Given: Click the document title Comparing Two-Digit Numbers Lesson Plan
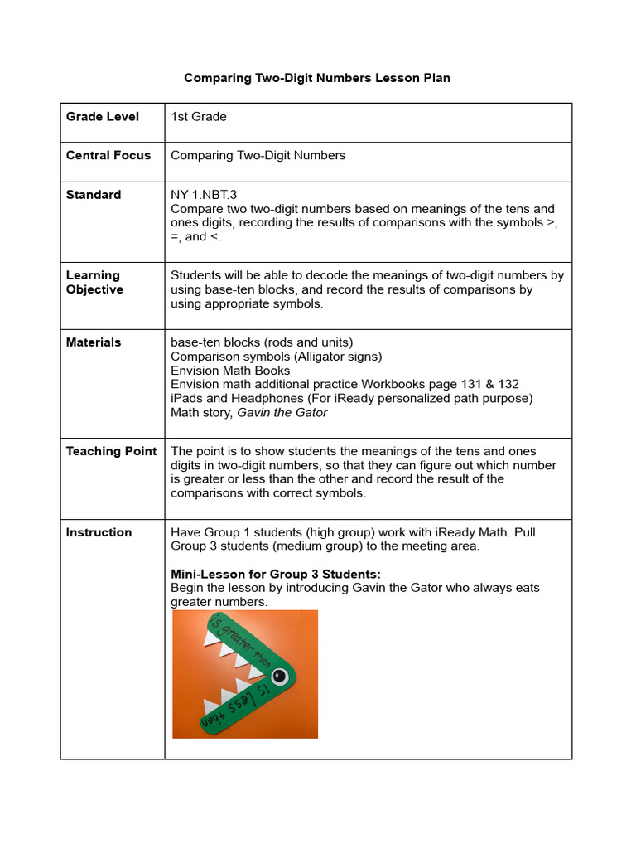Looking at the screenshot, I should tap(317, 78).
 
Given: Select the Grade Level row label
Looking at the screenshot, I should tap(103, 117).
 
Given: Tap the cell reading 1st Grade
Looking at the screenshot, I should tap(199, 117).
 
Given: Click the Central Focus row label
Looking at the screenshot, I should tap(108, 155).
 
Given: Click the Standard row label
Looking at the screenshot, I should tap(94, 195).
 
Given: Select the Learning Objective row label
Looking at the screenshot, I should tap(94, 282).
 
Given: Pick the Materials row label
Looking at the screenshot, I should tap(94, 342).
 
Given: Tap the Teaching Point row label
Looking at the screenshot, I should tap(111, 452).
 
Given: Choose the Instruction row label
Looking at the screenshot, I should tap(99, 532).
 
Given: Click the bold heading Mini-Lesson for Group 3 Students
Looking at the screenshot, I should tap(275, 574).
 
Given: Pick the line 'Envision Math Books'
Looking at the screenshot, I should tap(230, 371).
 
